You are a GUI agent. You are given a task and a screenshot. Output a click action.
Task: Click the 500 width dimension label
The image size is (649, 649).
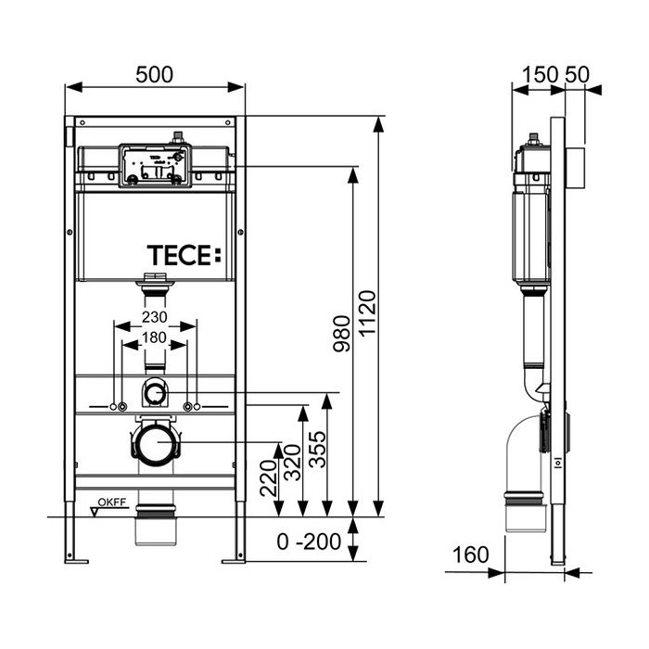click(154, 75)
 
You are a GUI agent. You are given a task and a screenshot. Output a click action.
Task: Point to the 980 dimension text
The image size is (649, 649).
click(340, 339)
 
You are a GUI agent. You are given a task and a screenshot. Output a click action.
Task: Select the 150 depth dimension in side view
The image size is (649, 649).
click(539, 75)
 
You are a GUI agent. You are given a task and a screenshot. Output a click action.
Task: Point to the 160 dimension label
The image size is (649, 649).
click(471, 555)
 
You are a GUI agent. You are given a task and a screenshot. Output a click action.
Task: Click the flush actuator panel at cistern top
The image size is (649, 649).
click(154, 165)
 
